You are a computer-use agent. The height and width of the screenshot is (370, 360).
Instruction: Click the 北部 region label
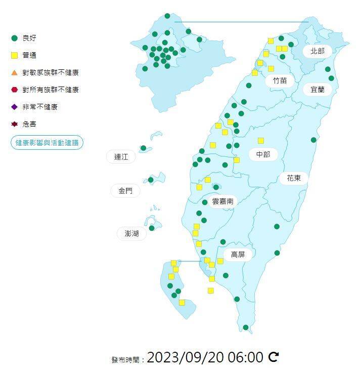318,51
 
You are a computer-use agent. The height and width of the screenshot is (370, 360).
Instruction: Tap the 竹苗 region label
280,80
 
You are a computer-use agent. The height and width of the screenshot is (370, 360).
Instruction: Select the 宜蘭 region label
318,90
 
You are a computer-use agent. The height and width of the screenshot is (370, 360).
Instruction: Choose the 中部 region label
263,154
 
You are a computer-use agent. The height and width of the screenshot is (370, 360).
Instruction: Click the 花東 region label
294,178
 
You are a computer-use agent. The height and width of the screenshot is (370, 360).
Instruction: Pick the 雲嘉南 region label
222,201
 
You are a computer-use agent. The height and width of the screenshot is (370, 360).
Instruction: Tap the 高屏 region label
238,255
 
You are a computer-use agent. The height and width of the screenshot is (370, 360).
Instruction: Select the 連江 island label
121,157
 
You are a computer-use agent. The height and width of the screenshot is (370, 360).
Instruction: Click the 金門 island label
125,190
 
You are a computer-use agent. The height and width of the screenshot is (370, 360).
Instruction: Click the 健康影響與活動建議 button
47,143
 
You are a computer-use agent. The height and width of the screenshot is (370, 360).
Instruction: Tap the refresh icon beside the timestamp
274,357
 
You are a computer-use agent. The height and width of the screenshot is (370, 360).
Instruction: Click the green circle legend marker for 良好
14,38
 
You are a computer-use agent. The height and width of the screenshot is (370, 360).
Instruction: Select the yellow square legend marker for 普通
14,55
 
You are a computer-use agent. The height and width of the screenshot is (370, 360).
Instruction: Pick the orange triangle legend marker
14,72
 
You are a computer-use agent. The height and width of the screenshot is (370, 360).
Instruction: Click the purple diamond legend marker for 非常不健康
14,107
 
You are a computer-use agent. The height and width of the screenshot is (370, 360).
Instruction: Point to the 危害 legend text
29,124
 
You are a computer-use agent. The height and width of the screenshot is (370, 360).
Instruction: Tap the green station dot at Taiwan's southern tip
245,327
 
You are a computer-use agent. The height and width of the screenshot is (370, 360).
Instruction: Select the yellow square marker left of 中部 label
237,160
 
